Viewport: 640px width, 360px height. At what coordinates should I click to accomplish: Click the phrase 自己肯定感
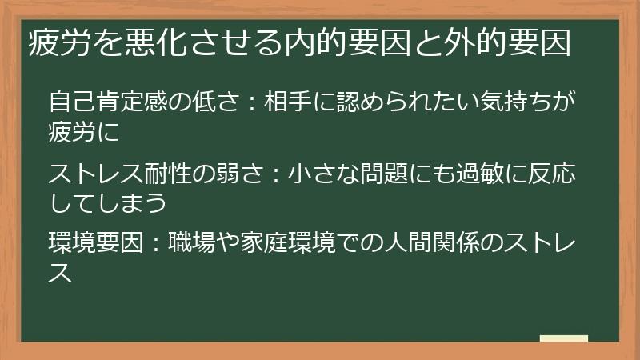(x=108, y=104)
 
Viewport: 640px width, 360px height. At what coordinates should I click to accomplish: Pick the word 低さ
(x=214, y=104)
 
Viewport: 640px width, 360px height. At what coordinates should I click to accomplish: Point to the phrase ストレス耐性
(x=120, y=173)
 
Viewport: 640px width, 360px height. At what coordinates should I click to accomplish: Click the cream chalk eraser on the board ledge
(x=563, y=338)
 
